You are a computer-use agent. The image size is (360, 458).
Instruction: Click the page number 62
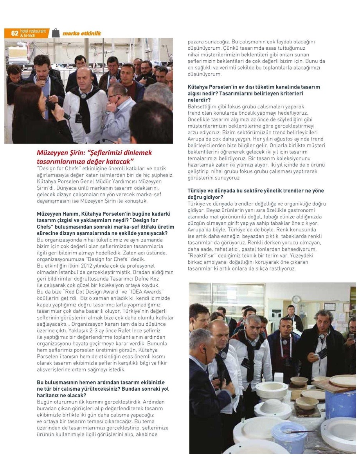pyautogui.click(x=14, y=33)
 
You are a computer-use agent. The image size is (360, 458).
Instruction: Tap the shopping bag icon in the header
pyautogui.click(x=56, y=33)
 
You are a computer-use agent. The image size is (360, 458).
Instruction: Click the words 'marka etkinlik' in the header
pyautogui.click(x=81, y=34)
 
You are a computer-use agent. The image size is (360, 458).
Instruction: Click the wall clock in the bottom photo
pyautogui.click(x=296, y=299)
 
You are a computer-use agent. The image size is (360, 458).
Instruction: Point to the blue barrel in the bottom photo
pyautogui.click(x=341, y=403)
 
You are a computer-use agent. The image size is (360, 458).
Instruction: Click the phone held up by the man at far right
pyautogui.click(x=351, y=336)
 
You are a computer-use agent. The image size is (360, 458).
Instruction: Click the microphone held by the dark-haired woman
pyautogui.click(x=50, y=106)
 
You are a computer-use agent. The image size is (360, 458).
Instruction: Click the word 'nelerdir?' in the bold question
pyautogui.click(x=200, y=100)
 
